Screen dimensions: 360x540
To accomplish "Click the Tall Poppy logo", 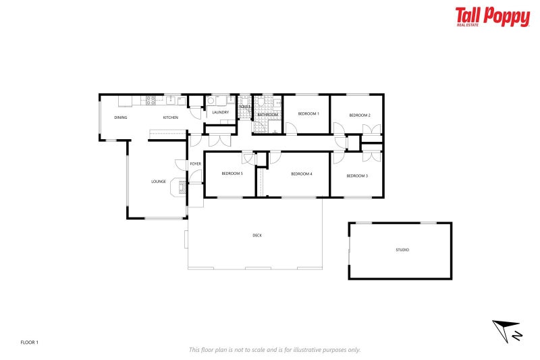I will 492,17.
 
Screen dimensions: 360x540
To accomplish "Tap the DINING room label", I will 120,118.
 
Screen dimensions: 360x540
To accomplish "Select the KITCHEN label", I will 170,118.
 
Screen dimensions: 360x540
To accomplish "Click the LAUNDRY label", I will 220,112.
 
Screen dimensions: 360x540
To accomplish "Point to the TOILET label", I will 244,107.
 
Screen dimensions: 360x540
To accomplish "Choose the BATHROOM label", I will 267,115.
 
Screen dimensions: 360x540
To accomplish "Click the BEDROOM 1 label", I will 308,113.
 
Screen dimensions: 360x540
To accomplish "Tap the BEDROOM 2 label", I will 360,115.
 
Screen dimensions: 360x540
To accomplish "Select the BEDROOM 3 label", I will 357,176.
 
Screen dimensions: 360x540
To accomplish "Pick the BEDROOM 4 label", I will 301,174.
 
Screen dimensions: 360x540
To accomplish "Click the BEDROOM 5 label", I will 232,174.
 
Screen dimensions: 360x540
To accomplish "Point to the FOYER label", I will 195,164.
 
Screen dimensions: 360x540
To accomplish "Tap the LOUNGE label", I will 159,181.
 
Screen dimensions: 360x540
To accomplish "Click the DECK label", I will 257,235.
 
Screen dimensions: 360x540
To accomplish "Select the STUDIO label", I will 402,250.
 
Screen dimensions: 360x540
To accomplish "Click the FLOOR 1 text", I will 30,342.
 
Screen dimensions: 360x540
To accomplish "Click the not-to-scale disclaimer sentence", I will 274,349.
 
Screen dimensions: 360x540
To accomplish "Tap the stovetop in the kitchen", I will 151,101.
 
